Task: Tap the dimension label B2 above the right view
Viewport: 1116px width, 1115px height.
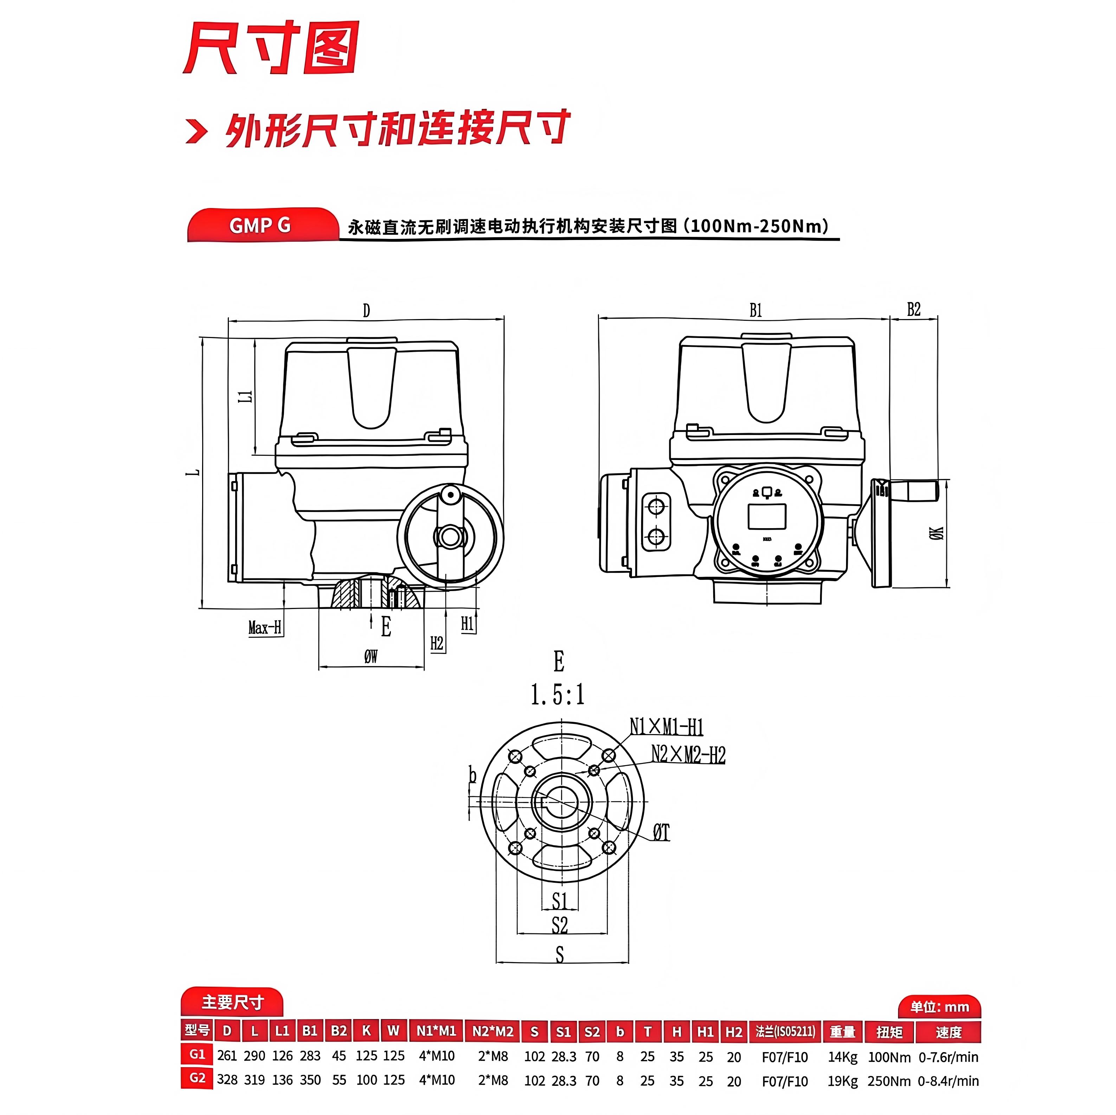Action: (913, 310)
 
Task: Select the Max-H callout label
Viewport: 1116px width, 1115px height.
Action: (265, 627)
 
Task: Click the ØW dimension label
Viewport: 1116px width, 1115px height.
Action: (371, 656)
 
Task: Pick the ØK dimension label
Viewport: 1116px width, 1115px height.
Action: (936, 533)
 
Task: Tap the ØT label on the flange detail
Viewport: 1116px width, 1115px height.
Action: (662, 832)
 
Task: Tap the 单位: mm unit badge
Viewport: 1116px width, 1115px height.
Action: (939, 1007)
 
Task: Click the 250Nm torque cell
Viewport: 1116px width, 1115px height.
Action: (889, 1081)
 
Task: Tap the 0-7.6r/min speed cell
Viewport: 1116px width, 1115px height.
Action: (948, 1057)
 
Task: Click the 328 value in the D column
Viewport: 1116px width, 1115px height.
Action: (227, 1080)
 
